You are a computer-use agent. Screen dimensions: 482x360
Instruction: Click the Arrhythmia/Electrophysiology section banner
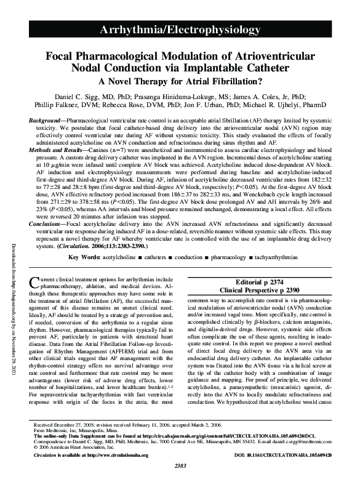(x=180, y=30)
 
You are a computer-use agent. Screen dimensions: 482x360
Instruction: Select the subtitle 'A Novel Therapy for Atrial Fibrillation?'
(x=180, y=80)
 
